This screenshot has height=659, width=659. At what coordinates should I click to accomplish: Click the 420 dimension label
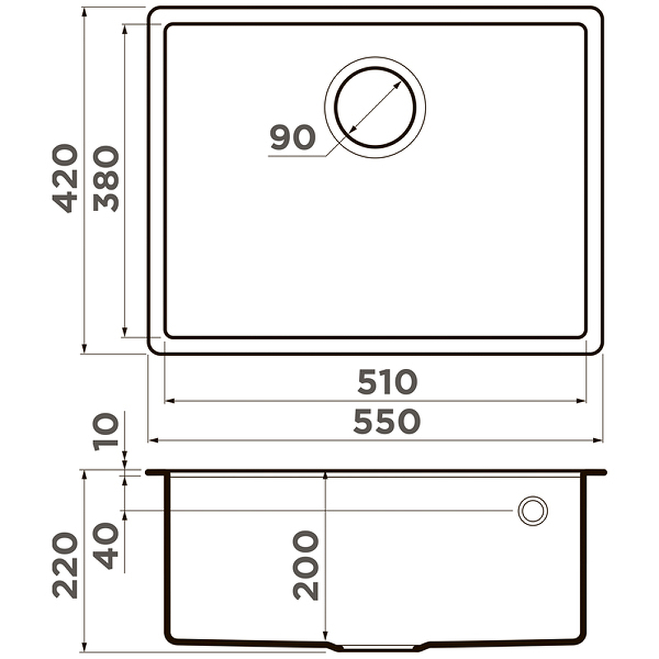[x=66, y=178]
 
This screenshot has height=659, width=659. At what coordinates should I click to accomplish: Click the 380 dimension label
[x=106, y=178]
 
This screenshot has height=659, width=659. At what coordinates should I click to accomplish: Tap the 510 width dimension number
[x=387, y=381]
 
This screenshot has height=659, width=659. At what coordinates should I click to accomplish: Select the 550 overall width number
[x=386, y=421]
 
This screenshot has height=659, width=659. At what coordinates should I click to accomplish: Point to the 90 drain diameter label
[x=292, y=137]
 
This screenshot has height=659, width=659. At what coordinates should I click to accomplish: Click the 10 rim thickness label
[x=106, y=432]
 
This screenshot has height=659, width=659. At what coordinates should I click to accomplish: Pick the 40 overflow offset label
[x=106, y=546]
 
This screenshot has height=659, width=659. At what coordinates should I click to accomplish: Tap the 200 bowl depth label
[x=306, y=565]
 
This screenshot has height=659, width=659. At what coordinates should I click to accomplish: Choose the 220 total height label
[x=66, y=565]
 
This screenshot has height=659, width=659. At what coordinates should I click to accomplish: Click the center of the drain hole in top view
[x=375, y=107]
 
